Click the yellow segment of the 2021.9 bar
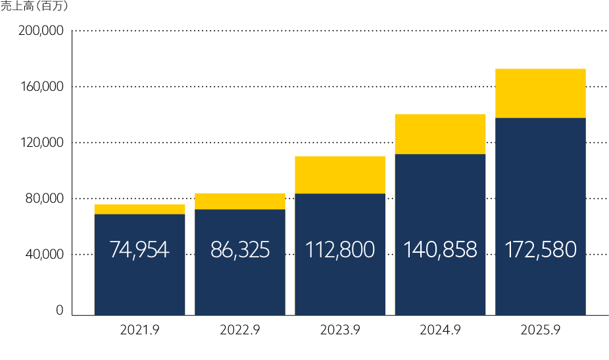pyautogui.click(x=139, y=209)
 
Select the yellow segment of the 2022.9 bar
pyautogui.click(x=239, y=201)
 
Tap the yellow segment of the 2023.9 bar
pyautogui.click(x=340, y=175)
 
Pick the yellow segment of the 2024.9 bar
pyautogui.click(x=440, y=134)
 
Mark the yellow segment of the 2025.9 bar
pyautogui.click(x=540, y=93)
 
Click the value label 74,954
pyautogui.click(x=139, y=250)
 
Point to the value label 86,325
pyautogui.click(x=239, y=250)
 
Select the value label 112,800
pyautogui.click(x=340, y=250)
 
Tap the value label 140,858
pyautogui.click(x=440, y=250)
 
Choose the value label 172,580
pyautogui.click(x=540, y=250)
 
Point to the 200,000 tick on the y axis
pyautogui.click(x=41, y=31)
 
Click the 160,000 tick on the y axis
pyautogui.click(x=41, y=87)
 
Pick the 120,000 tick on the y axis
pyautogui.click(x=41, y=143)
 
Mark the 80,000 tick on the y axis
pyautogui.click(x=45, y=199)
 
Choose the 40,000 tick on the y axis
pyautogui.click(x=45, y=255)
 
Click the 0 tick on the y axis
pyautogui.click(x=59, y=310)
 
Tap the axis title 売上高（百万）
pyautogui.click(x=34, y=7)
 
